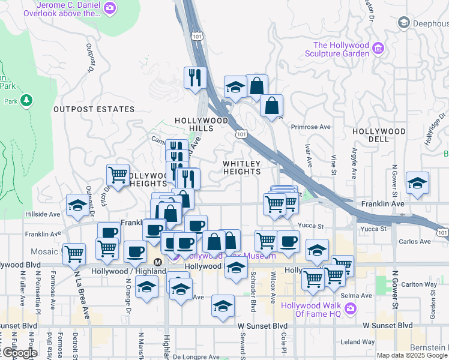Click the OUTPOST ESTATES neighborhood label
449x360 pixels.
coord(94,109)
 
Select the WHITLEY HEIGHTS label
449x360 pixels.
coord(242,167)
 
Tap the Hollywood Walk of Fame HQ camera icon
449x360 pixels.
coord(351,309)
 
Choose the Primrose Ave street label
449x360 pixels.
coord(311,127)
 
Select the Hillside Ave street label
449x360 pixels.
coord(42,214)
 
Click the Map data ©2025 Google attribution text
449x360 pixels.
coord(412,355)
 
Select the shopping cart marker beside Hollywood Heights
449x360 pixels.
coord(118,175)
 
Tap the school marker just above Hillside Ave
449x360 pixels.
coord(77,205)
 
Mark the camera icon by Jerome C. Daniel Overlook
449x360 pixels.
coord(110,8)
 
